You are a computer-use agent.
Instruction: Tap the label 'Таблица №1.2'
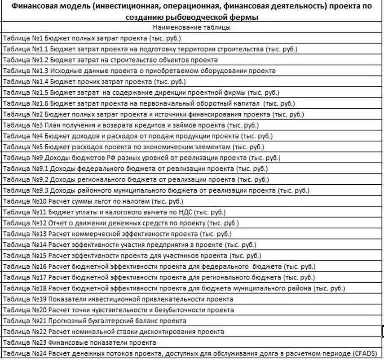[x=25, y=60]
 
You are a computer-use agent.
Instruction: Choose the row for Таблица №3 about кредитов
[x=131, y=125]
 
